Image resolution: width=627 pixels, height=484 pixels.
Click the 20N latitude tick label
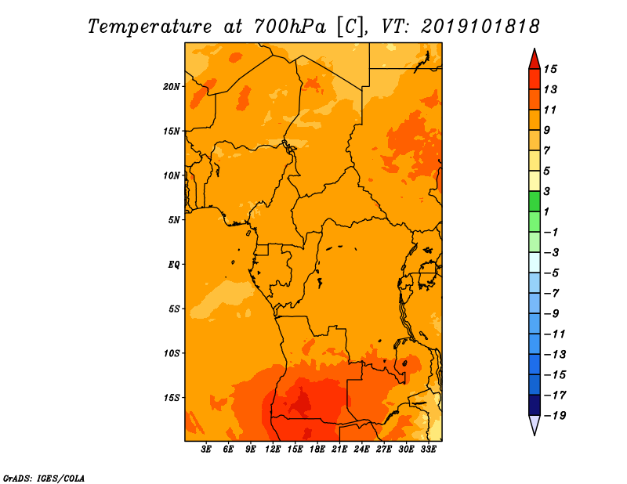pyautogui.click(x=171, y=87)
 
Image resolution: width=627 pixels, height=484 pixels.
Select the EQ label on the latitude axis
pyautogui.click(x=174, y=265)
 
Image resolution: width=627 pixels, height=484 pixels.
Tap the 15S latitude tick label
pyautogui.click(x=172, y=398)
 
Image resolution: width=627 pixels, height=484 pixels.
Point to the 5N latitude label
pyautogui.click(x=174, y=220)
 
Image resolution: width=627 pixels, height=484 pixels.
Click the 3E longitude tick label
pyautogui.click(x=206, y=450)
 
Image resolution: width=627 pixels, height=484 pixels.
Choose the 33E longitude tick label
pyautogui.click(x=428, y=450)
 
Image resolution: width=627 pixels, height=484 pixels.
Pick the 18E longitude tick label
pyautogui.click(x=317, y=450)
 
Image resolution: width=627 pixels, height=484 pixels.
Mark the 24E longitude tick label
pyautogui.click(x=361, y=450)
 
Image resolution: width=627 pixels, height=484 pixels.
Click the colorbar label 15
pyautogui.click(x=550, y=69)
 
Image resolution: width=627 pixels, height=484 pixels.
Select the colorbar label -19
pyautogui.click(x=555, y=416)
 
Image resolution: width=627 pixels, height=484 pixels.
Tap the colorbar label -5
pyautogui.click(x=552, y=273)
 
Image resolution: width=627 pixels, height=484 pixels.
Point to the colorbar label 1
pyautogui.click(x=546, y=211)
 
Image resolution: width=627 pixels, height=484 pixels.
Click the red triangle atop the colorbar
pyautogui.click(x=535, y=60)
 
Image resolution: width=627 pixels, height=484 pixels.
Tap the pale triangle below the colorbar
pyautogui.click(x=535, y=424)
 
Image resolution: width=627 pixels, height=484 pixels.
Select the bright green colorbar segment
pyautogui.click(x=535, y=201)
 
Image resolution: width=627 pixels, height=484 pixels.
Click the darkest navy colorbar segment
pyautogui.click(x=535, y=405)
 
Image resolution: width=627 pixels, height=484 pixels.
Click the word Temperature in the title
pyautogui.click(x=150, y=27)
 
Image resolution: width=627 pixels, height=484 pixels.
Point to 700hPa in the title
pyautogui.click(x=290, y=27)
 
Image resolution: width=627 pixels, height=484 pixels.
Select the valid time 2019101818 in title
pyautogui.click(x=480, y=27)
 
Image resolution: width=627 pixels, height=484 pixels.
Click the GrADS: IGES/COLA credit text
pyautogui.click(x=44, y=479)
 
